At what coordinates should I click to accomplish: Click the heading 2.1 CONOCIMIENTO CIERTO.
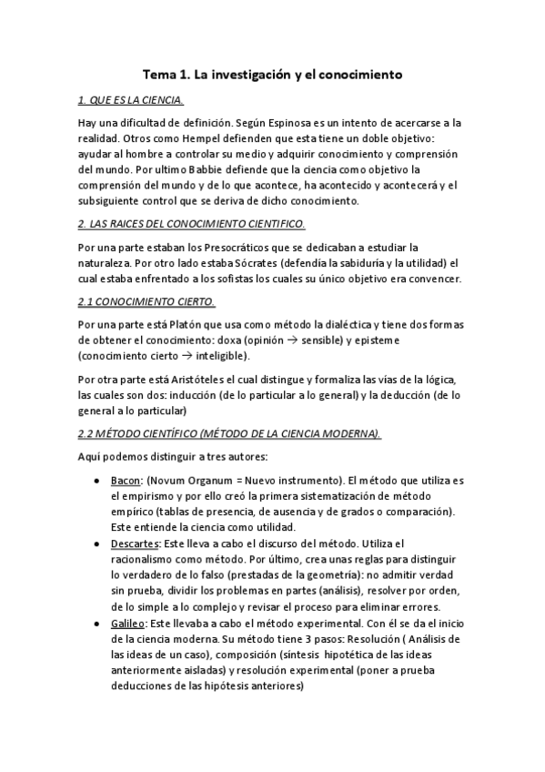coord(146,301)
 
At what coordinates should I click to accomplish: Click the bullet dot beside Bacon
coord(96,479)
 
